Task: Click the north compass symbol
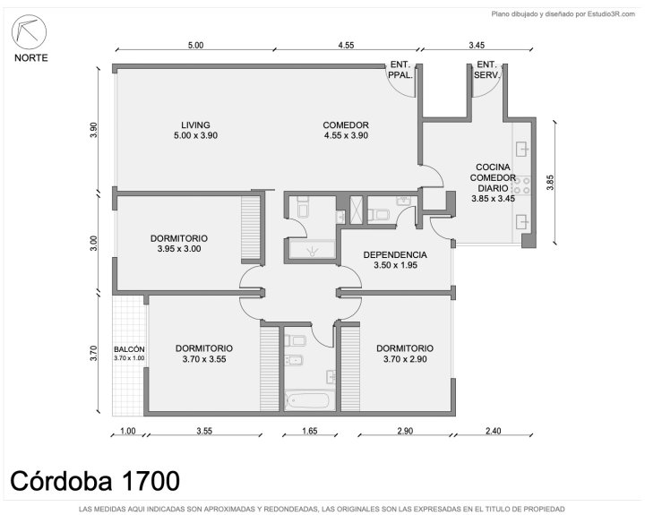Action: pyautogui.click(x=29, y=31)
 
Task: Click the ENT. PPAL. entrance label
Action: pyautogui.click(x=400, y=70)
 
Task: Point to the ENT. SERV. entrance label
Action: pyautogui.click(x=486, y=70)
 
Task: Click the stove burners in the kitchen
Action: pyautogui.click(x=521, y=185)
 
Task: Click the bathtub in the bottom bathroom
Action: pyautogui.click(x=307, y=400)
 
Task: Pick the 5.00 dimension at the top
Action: pyautogui.click(x=195, y=45)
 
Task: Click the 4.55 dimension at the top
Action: pyautogui.click(x=346, y=45)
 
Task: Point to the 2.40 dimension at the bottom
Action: pyautogui.click(x=494, y=431)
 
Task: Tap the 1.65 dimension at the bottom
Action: pyautogui.click(x=309, y=431)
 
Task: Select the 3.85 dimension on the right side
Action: pyautogui.click(x=550, y=183)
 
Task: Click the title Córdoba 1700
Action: pyautogui.click(x=95, y=480)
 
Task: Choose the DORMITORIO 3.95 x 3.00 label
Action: pyautogui.click(x=179, y=244)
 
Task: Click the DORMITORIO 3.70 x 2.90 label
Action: pyautogui.click(x=405, y=354)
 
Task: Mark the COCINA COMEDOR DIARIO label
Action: pyautogui.click(x=493, y=183)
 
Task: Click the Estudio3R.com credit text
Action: pyautogui.click(x=563, y=14)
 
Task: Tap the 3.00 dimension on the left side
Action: pyautogui.click(x=94, y=243)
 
